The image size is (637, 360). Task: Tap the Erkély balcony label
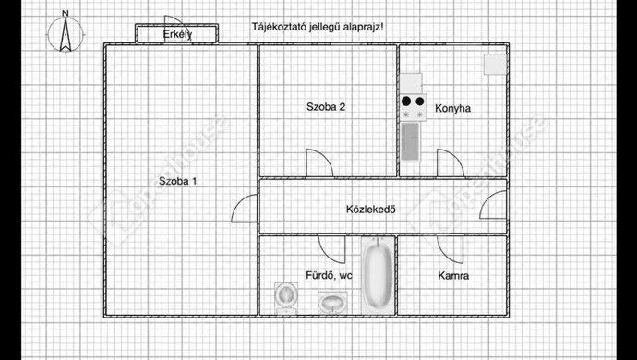coord(177,34)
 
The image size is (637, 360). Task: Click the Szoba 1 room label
coord(177,181)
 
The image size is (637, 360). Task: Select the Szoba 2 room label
coord(326,107)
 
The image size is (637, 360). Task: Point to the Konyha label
coord(452,108)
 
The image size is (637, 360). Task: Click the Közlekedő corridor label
coord(371,208)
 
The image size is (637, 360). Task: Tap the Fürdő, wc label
coord(305,275)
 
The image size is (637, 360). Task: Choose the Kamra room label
coord(453,275)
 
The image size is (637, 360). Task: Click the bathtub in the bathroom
coord(375,276)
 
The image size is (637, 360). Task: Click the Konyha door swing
coord(450,162)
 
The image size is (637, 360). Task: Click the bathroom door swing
coord(331,247)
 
